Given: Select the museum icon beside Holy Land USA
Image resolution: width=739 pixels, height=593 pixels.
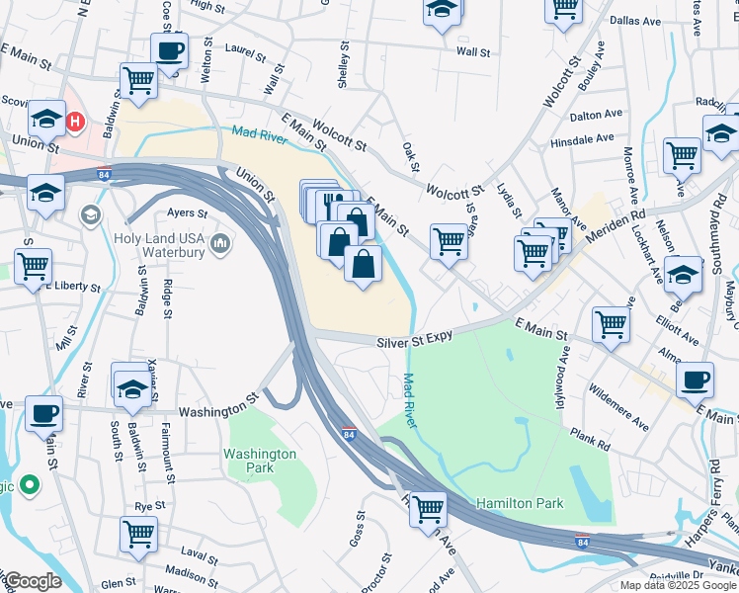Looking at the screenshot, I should pyautogui.click(x=220, y=242).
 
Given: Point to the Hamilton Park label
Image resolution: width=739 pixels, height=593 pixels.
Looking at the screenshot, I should pyautogui.click(x=520, y=503).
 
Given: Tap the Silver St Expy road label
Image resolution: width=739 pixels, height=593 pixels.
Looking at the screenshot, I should pyautogui.click(x=414, y=338).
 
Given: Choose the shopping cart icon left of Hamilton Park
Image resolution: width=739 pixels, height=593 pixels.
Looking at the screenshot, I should pyautogui.click(x=428, y=509).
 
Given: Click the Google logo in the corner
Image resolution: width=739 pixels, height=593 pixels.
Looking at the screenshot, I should pyautogui.click(x=32, y=580).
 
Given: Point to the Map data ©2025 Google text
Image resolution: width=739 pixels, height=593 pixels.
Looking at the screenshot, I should pyautogui.click(x=678, y=585).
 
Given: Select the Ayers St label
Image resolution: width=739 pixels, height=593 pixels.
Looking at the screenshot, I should pyautogui.click(x=187, y=212).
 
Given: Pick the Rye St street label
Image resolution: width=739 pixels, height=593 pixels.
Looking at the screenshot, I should pyautogui.click(x=148, y=505).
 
